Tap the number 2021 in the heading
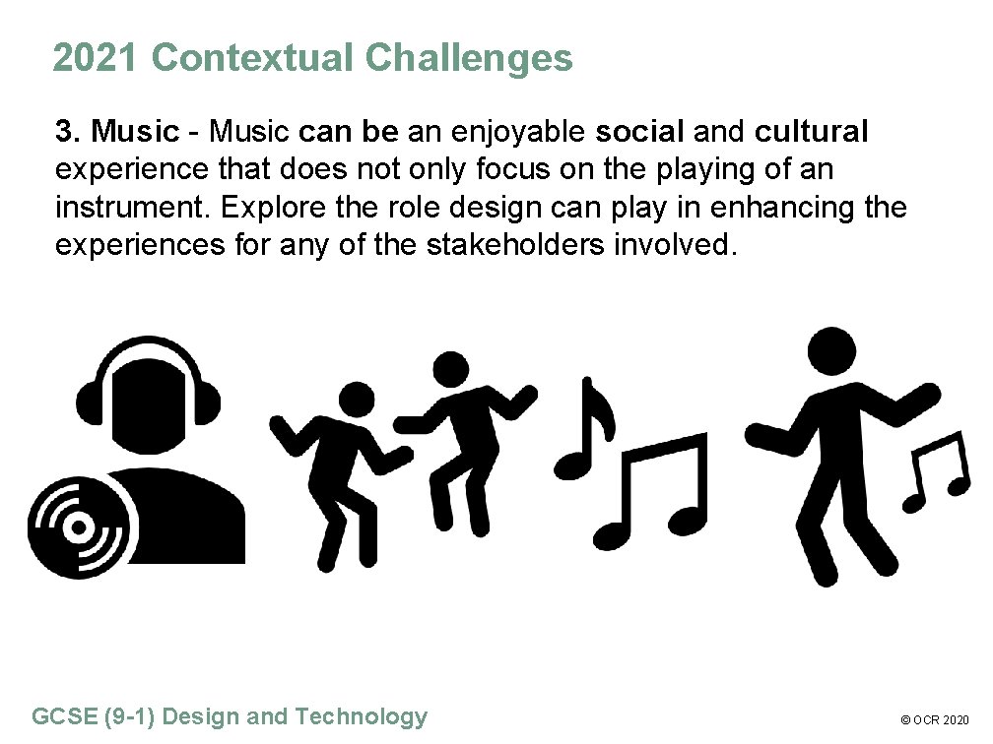click(97, 59)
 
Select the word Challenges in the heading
click(468, 59)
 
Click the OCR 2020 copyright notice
click(937, 720)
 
